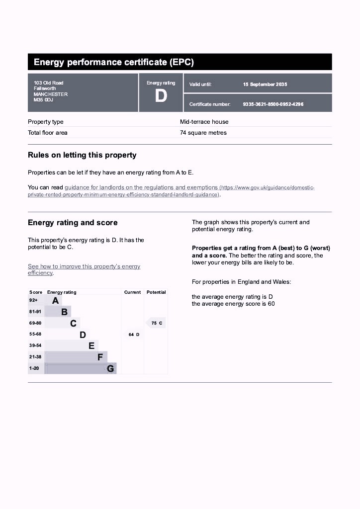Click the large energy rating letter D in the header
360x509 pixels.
161,96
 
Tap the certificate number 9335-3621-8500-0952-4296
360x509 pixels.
273,104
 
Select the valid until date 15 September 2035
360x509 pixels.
265,85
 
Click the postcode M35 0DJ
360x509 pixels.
43,100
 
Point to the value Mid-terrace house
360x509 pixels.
204,122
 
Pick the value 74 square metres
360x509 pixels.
203,133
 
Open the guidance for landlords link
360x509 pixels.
141,187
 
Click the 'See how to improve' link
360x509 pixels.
84,266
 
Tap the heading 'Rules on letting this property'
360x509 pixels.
82,155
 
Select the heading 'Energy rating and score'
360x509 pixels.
73,223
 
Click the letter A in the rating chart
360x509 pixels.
55,301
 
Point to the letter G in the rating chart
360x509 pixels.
110,369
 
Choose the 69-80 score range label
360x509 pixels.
35,323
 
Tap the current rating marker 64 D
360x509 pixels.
134,335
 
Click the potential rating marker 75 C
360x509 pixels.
157,323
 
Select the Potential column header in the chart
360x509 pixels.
156,292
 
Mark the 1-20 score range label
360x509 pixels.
34,368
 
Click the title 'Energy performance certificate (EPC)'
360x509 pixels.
114,62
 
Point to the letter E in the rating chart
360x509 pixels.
91,346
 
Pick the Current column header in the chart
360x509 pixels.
132,292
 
